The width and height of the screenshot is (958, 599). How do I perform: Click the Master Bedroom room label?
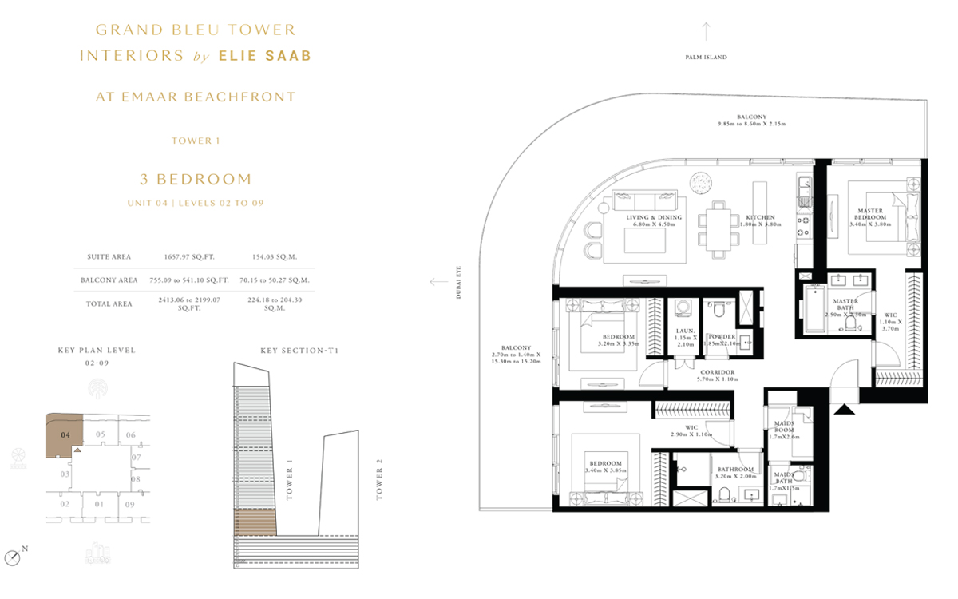coord(869,214)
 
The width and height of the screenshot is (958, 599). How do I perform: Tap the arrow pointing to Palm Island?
coord(706,31)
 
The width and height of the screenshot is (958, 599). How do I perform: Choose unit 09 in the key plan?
coord(129,504)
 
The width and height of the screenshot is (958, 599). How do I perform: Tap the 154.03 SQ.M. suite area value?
coord(263,257)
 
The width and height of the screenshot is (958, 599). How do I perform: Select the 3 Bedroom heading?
coord(196,179)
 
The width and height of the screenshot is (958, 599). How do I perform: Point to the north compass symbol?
coord(12,557)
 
